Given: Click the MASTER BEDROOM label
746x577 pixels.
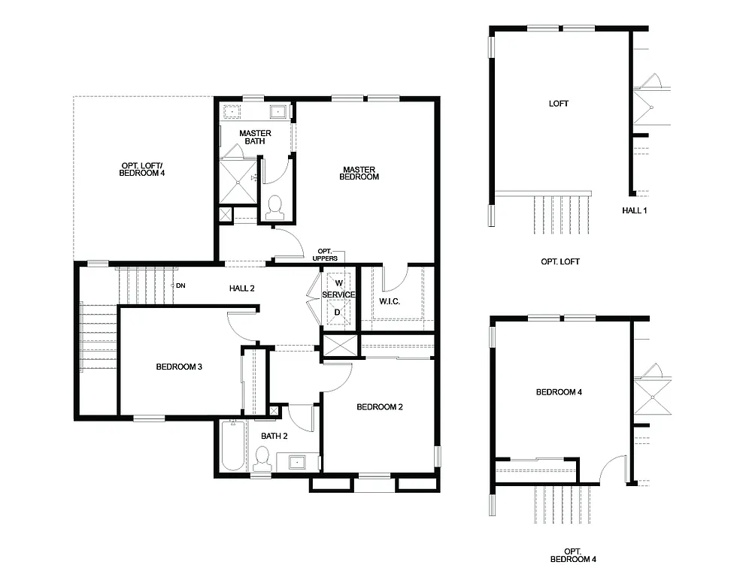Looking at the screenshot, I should pos(359,174).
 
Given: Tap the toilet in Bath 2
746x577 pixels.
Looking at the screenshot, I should pos(262,456).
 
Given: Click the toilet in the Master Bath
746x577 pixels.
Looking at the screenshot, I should pos(274,204).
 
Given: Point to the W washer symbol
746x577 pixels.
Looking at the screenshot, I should pos(338,282).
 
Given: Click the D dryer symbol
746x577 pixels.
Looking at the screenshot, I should pos(338,310).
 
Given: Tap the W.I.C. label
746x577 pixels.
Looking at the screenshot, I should pos(389,301).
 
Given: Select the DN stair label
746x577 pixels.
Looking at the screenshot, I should pos(180,285).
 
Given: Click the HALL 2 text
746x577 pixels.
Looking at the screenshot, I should pos(242,288).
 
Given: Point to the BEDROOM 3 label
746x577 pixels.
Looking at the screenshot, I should pos(179,367).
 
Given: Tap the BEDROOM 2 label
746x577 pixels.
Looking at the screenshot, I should pos(380,407).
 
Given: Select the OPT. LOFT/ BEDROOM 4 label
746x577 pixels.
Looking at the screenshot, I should pos(142,170).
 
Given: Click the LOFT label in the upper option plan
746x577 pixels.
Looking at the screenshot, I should pos(559,104).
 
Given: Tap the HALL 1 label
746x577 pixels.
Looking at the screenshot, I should pos(634,210).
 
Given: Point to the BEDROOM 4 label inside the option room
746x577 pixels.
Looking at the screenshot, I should pos(559,392).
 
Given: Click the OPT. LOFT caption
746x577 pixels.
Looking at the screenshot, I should pos(560,262).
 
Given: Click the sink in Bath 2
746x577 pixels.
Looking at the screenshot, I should pos(297,461).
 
